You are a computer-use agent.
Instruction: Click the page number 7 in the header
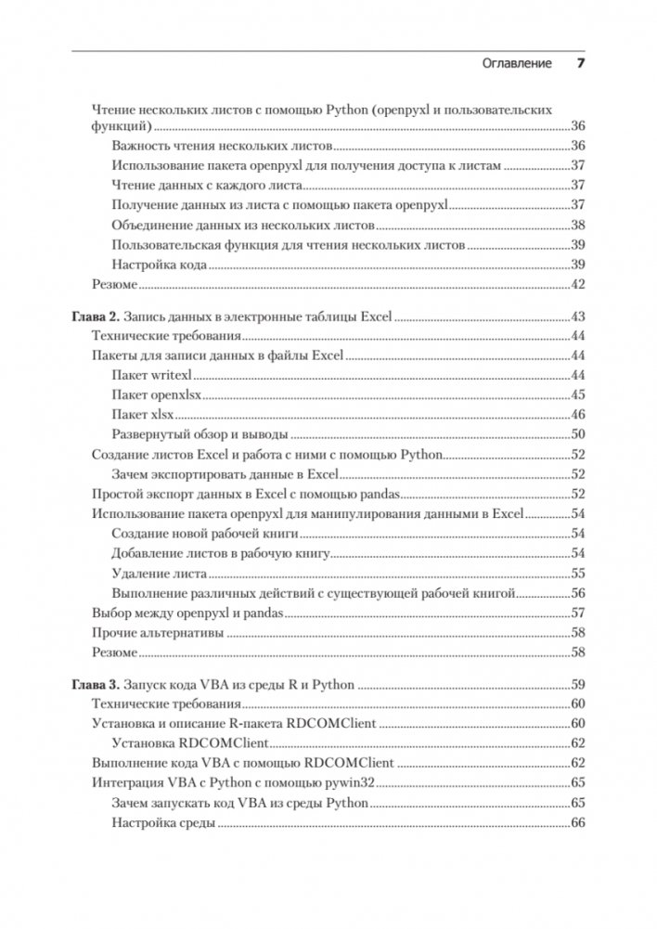tap(579, 63)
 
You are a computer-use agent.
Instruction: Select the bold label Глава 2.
tap(97, 316)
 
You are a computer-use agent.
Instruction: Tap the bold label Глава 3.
tap(97, 686)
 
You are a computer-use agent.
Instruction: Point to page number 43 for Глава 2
tap(576, 316)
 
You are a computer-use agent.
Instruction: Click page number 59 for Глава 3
tap(576, 686)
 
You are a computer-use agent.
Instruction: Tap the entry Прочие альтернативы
tap(159, 632)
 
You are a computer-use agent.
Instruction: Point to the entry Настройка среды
tap(162, 823)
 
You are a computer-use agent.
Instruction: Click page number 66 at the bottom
tap(576, 823)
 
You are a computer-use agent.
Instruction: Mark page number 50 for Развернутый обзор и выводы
tap(576, 433)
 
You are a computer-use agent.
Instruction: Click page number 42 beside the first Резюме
tap(576, 284)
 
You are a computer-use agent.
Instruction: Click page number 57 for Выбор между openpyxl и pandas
tap(576, 613)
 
